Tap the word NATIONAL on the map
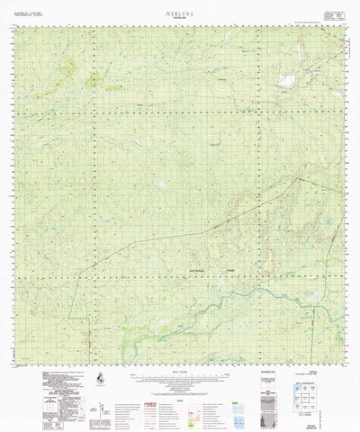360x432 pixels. [x=200, y=271]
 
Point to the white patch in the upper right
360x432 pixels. [x=291, y=77]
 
